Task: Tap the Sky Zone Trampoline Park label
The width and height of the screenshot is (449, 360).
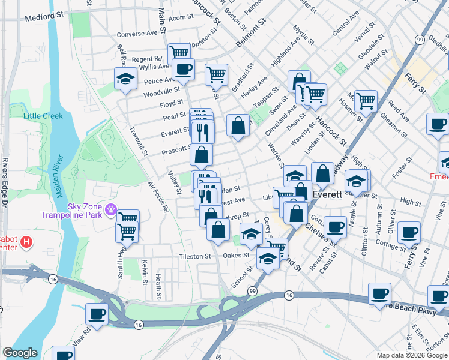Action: coord(73,209)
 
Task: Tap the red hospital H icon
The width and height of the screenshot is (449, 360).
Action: coord(26,243)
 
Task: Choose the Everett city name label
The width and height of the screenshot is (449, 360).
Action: coord(327,195)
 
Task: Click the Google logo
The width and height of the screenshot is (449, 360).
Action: coord(20,353)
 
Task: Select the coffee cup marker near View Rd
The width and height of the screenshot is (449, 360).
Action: coord(97,314)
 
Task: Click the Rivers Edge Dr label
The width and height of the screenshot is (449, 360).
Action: coord(5,175)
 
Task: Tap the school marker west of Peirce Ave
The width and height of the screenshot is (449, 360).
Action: coord(126,79)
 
